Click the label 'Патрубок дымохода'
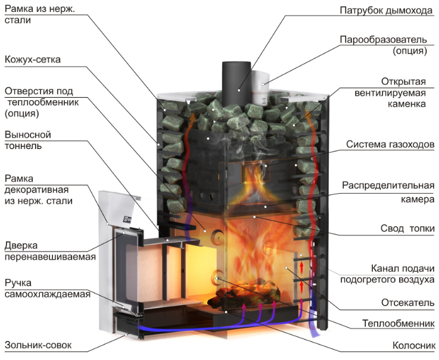(x=386, y=10)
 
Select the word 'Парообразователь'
(x=383, y=39)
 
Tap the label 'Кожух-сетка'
(x=33, y=60)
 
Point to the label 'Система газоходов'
(x=390, y=144)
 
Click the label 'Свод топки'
(x=407, y=228)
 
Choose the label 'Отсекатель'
(x=407, y=303)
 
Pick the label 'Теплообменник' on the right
(x=398, y=323)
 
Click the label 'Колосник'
(x=414, y=345)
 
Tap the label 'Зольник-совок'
(x=38, y=345)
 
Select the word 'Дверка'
(x=21, y=246)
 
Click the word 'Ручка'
(x=18, y=283)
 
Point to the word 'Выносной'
(x=28, y=135)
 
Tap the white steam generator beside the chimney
(x=260, y=88)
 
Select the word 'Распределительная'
(x=388, y=185)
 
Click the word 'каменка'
(x=406, y=104)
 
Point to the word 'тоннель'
(x=23, y=146)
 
